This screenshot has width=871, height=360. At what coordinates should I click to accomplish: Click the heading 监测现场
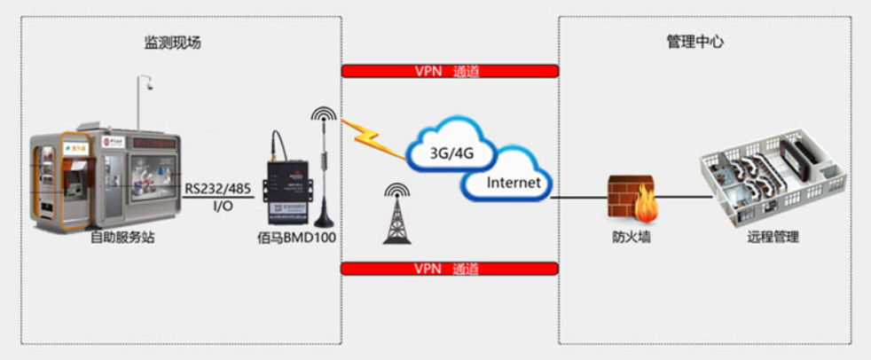click(x=174, y=43)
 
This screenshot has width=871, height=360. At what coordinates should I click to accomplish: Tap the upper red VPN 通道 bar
click(x=450, y=71)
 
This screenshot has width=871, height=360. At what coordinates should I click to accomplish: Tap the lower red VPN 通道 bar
click(x=450, y=269)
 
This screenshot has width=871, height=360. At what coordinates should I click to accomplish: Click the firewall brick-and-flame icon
click(x=632, y=197)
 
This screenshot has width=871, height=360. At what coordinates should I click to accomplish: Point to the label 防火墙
click(x=632, y=238)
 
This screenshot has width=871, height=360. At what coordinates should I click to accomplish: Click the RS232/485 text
click(x=218, y=188)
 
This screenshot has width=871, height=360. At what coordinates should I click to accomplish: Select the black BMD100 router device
click(x=286, y=187)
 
